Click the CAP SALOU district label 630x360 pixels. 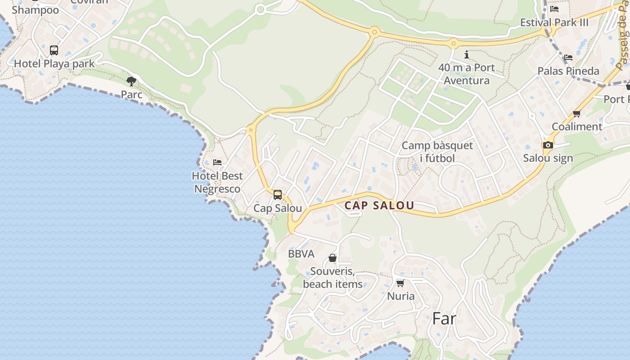(x=379, y=206)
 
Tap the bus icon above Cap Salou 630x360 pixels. (x=278, y=195)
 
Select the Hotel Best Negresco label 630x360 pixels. (x=217, y=182)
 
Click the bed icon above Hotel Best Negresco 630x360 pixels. (x=217, y=162)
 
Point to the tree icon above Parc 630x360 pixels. (x=131, y=81)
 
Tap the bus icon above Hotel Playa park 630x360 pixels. (x=54, y=50)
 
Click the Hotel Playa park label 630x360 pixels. (x=54, y=63)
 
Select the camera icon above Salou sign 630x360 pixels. (x=548, y=145)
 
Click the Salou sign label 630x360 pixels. (x=548, y=158)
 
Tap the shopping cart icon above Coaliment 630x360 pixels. (x=576, y=113)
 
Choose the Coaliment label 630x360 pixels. (x=576, y=126)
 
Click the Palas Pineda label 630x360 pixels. (x=568, y=71)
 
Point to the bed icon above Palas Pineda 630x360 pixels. (x=568, y=58)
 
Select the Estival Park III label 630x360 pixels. (x=554, y=22)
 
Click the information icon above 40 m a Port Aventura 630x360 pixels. (x=467, y=55)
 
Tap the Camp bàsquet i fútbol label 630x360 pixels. (x=437, y=152)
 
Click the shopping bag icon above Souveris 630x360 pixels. (x=333, y=258)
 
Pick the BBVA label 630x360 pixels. (x=301, y=254)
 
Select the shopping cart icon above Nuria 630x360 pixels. (x=400, y=283)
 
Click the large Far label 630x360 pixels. (x=444, y=319)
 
